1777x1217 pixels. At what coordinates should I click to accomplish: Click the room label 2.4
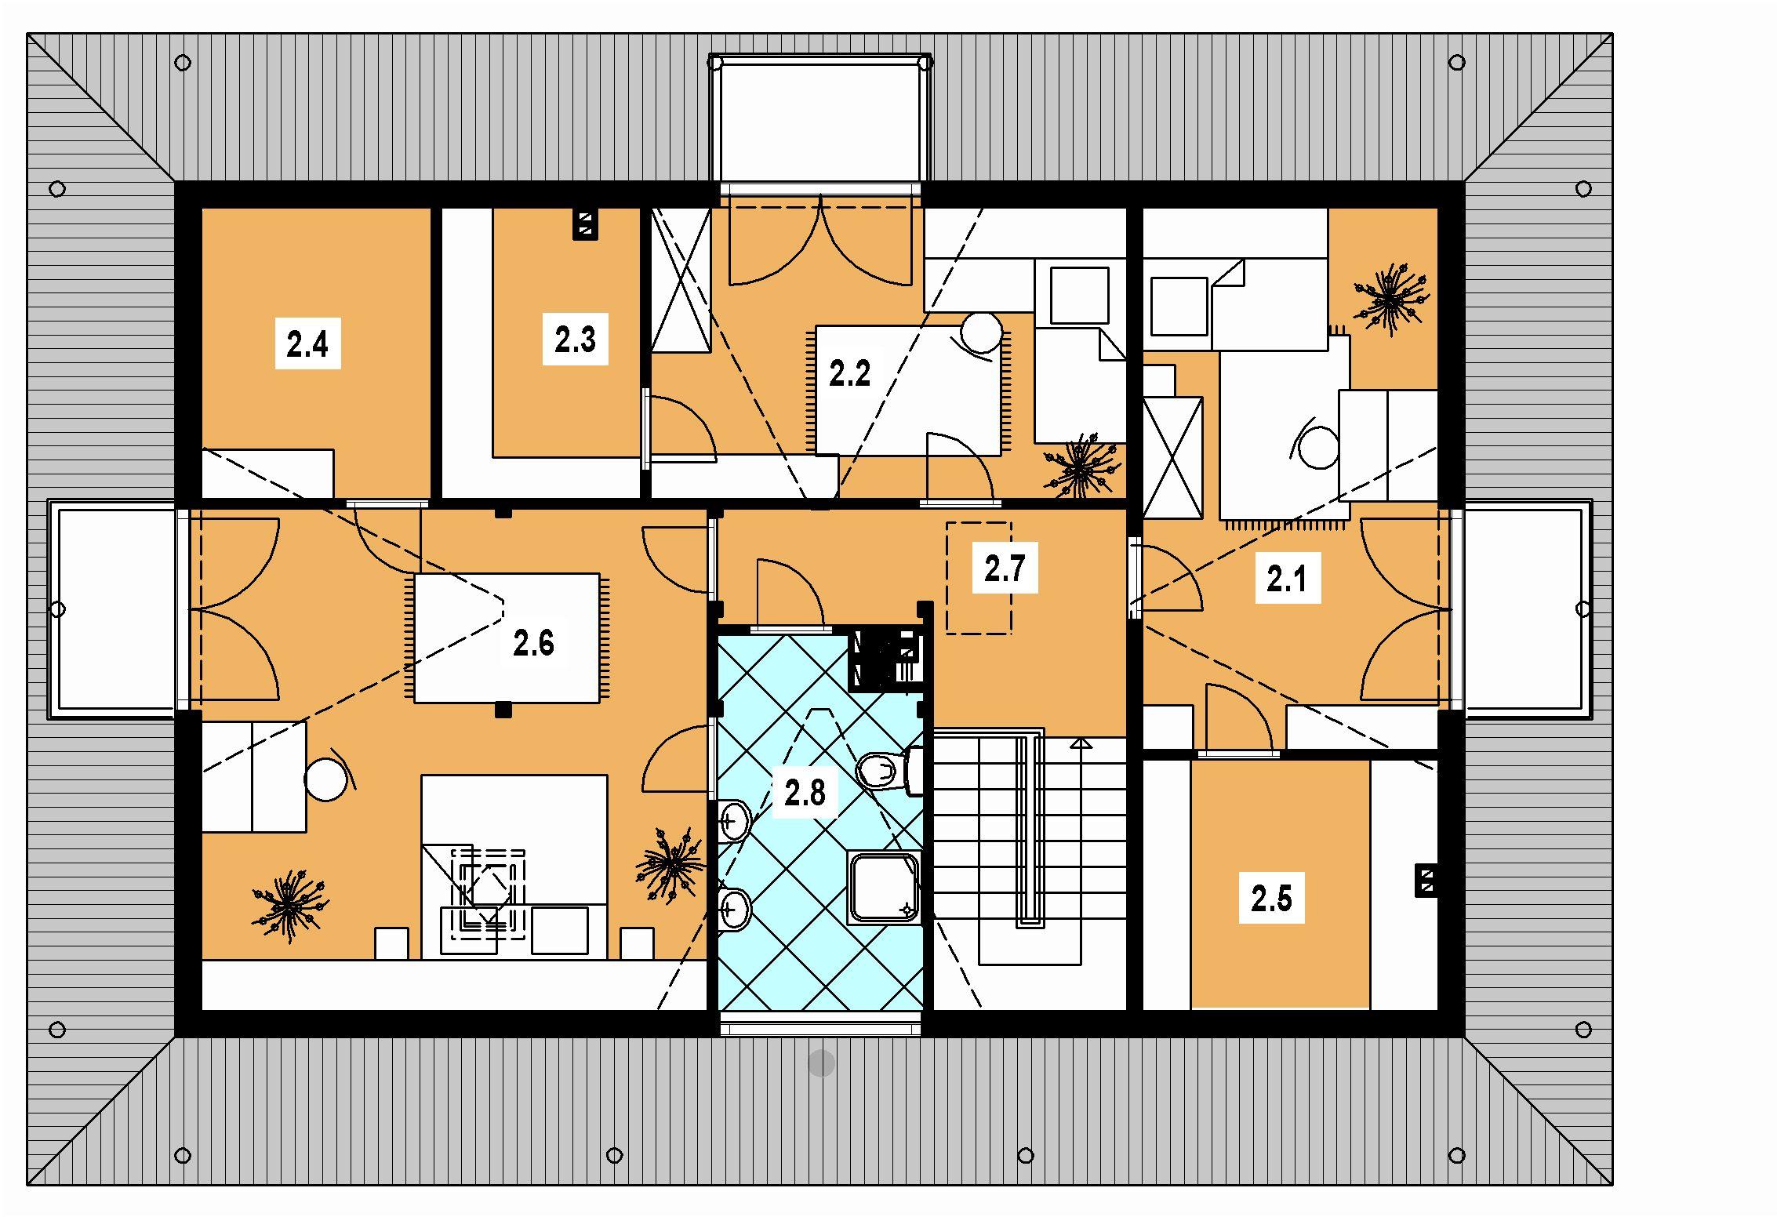(307, 343)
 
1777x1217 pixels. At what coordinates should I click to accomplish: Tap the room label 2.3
(575, 340)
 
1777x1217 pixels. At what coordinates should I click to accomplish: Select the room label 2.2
(850, 373)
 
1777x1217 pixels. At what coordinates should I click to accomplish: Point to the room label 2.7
(1005, 569)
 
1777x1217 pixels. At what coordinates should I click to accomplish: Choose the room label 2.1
(1288, 579)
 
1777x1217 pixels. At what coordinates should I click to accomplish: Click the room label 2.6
(533, 643)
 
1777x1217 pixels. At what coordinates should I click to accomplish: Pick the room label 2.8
(805, 794)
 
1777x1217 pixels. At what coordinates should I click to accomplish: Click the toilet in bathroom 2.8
(891, 772)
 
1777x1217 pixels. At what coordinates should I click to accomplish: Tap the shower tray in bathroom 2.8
(885, 887)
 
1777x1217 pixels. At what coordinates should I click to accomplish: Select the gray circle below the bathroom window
(821, 1063)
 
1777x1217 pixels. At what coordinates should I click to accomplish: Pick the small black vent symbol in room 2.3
(585, 224)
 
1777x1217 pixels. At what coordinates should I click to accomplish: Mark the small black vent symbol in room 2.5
(1426, 881)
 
